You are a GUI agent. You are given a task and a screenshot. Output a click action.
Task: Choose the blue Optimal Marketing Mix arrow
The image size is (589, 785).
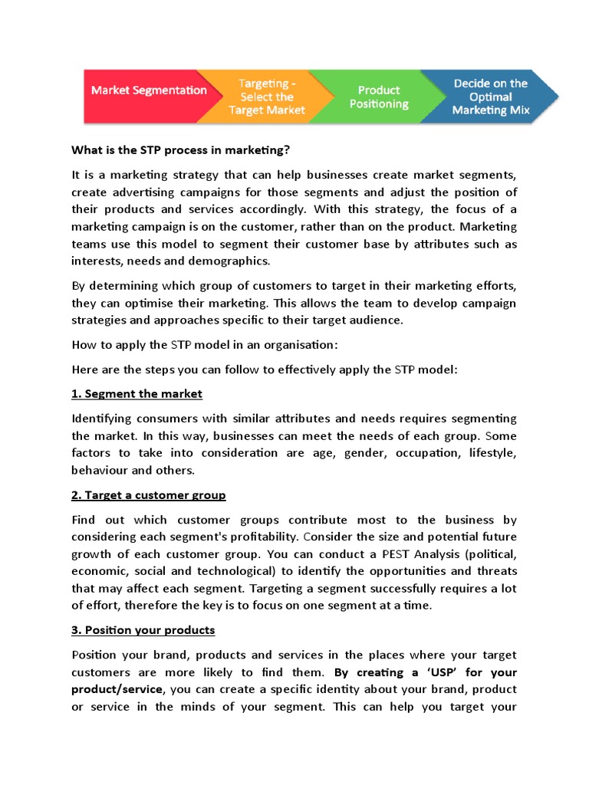coord(490,97)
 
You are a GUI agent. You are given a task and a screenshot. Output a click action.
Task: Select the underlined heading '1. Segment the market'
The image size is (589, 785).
coord(137,393)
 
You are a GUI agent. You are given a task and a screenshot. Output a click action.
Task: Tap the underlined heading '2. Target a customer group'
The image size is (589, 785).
coord(148,494)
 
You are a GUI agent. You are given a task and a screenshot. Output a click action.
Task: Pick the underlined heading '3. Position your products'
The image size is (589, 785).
coord(143,629)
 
